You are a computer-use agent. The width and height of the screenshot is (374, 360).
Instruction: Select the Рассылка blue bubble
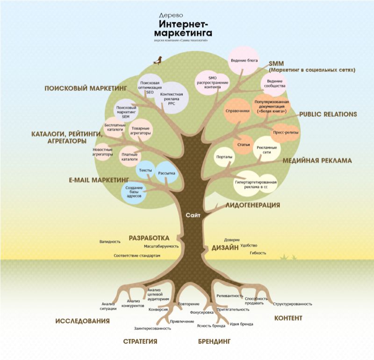tap(166, 173)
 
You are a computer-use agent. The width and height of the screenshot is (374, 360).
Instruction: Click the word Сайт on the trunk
tap(193, 215)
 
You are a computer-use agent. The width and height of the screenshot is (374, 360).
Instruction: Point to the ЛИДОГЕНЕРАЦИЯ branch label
tap(253, 205)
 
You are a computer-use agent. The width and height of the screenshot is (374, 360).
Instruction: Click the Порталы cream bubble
tap(224, 157)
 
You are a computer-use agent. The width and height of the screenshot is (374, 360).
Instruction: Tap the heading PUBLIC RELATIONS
tap(328, 114)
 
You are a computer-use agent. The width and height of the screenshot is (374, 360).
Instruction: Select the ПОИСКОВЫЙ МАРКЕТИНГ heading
tap(86, 88)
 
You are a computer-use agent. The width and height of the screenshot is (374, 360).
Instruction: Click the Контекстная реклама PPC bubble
tap(172, 98)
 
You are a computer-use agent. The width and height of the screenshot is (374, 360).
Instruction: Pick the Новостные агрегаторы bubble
tap(102, 152)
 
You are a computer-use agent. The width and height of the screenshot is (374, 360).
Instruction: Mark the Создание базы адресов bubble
tap(134, 192)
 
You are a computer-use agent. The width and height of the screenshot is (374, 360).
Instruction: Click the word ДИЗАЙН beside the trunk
tap(225, 248)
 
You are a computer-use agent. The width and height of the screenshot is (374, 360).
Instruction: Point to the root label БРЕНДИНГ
tap(215, 341)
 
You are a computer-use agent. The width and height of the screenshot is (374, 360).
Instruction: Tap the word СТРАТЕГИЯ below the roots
tap(140, 341)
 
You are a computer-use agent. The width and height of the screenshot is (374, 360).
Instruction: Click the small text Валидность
tap(110, 242)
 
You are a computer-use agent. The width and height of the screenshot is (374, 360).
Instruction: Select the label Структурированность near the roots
tap(293, 304)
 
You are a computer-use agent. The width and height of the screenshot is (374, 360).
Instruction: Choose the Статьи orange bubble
tap(244, 144)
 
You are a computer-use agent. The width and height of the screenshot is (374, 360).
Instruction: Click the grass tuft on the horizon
tap(288, 257)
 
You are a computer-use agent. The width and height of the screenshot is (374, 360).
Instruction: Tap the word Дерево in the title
tap(171, 15)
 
